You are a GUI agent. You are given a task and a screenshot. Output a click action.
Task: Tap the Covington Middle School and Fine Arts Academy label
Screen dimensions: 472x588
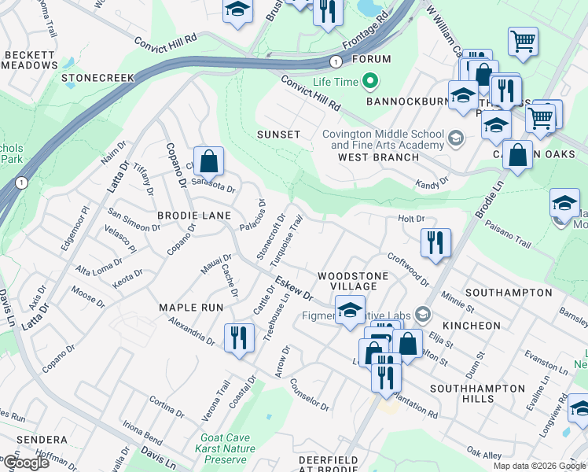pyautogui.click(x=383, y=139)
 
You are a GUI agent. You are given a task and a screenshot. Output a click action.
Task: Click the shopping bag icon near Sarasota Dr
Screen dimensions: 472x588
pyautogui.click(x=208, y=162)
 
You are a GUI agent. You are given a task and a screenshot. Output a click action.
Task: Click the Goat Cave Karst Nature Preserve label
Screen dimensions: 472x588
pyautogui.click(x=226, y=448)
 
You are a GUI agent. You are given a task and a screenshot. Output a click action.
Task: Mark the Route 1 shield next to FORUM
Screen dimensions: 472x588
pyautogui.click(x=336, y=61)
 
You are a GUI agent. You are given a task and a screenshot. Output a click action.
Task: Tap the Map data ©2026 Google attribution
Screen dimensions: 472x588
pyautogui.click(x=538, y=466)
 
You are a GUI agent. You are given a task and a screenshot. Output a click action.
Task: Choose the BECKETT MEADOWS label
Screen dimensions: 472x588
pyautogui.click(x=31, y=60)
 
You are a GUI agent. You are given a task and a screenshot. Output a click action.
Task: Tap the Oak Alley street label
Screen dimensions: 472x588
pyautogui.click(x=483, y=455)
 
